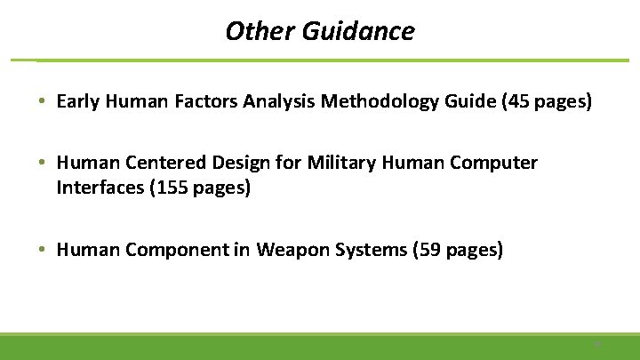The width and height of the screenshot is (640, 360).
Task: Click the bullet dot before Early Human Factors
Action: [43, 102]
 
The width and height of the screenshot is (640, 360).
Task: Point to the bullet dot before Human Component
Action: [43, 251]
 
